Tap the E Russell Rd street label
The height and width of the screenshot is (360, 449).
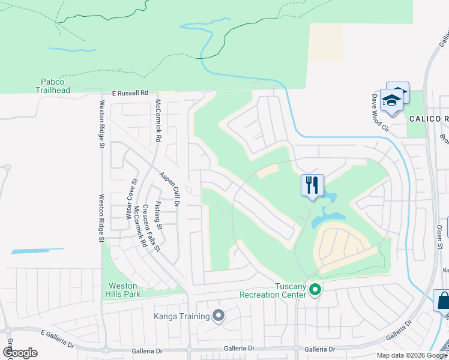click(x=130, y=93)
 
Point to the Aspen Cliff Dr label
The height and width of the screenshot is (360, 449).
click(x=170, y=190)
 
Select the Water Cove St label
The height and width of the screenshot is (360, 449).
click(x=131, y=198)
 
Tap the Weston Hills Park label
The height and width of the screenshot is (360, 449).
click(x=122, y=290)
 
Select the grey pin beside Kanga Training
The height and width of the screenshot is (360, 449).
click(x=218, y=316)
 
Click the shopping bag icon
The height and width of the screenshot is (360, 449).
click(x=443, y=300)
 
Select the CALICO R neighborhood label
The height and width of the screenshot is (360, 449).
click(x=429, y=119)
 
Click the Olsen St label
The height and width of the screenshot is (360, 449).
click(x=440, y=237)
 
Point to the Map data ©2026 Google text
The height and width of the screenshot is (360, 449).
click(x=411, y=355)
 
